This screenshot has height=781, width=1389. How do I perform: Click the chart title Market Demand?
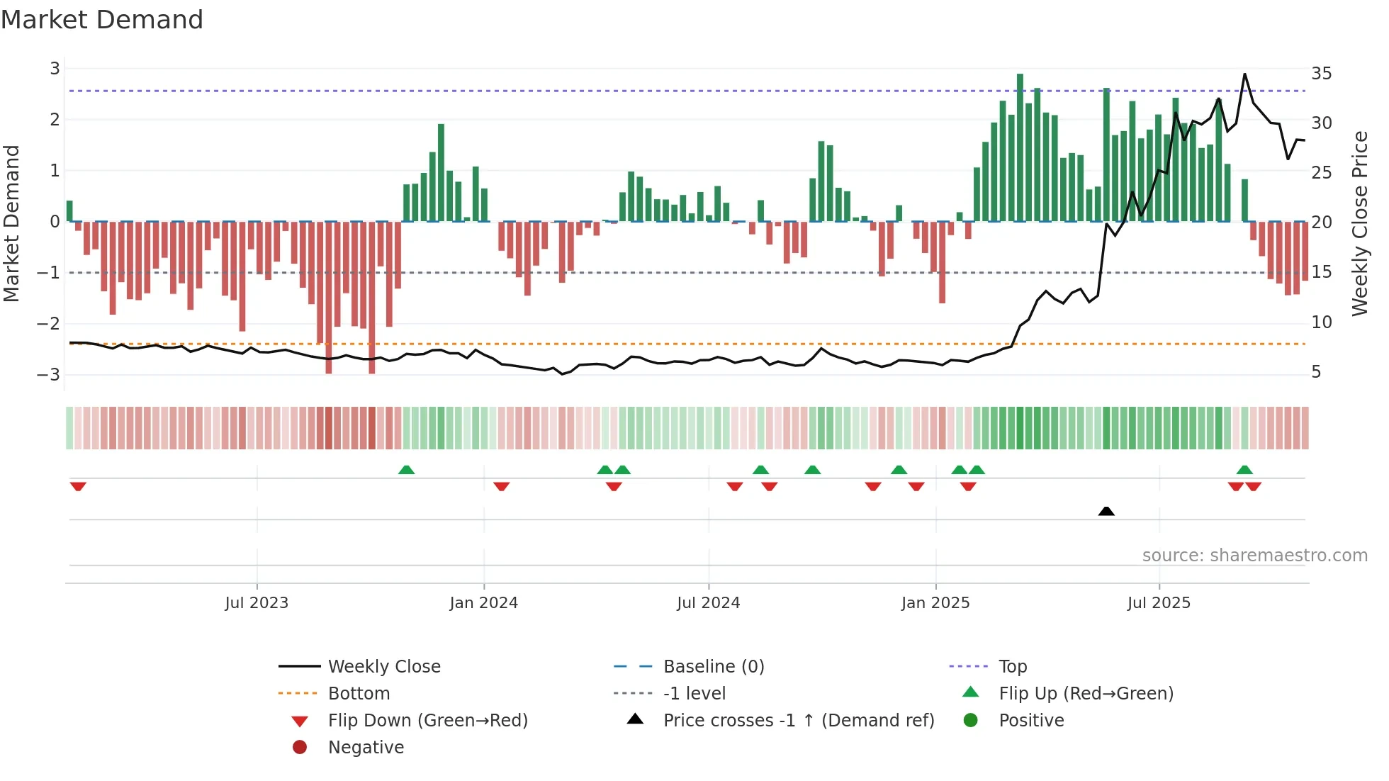[102, 20]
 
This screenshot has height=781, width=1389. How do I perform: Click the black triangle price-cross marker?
[1106, 511]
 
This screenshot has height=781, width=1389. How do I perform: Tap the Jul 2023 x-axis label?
[257, 603]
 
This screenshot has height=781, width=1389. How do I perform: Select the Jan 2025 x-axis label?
[935, 603]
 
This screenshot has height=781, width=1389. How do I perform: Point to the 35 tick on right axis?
[1321, 74]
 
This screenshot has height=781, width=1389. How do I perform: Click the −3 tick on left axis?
[49, 374]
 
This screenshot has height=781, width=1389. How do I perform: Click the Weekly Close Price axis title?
[1359, 223]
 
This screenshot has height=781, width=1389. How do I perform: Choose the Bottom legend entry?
[359, 694]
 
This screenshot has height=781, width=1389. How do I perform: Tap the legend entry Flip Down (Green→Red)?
[427, 721]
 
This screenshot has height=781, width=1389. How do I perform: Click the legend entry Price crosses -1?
[799, 721]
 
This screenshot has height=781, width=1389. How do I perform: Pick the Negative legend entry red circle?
[300, 748]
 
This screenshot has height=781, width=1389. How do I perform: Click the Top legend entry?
[1013, 667]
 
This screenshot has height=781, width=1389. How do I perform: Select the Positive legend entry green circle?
[971, 721]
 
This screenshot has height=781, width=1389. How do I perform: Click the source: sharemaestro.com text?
[1254, 556]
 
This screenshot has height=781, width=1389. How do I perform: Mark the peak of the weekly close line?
[1244, 74]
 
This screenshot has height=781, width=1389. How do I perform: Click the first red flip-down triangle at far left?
[78, 486]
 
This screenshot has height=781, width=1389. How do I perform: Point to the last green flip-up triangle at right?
[1244, 470]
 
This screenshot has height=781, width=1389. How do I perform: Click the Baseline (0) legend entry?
[714, 667]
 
